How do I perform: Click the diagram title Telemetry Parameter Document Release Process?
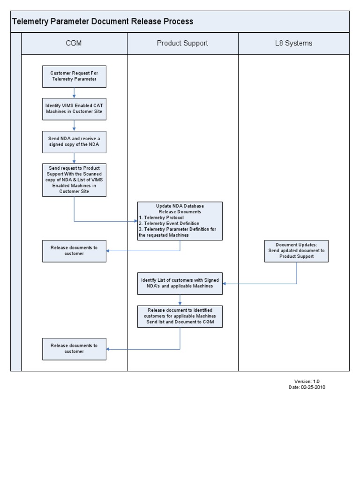tap(102, 22)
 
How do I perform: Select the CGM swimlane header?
tap(74, 44)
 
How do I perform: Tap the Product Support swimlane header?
tap(182, 44)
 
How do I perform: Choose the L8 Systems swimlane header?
tap(293, 44)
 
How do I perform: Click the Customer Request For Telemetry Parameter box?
tap(74, 76)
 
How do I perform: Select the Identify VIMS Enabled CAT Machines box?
tap(74, 109)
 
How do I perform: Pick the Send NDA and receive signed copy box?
tap(74, 142)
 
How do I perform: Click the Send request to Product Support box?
tap(74, 180)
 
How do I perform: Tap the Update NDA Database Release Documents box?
tap(180, 221)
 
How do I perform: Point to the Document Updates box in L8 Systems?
tap(296, 251)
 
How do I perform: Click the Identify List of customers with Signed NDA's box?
tap(180, 283)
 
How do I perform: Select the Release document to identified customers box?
tap(180, 316)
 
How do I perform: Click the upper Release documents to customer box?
tap(74, 251)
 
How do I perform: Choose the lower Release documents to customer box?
tap(74, 349)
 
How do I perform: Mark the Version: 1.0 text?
tap(307, 382)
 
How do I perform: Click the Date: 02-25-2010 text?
tap(307, 388)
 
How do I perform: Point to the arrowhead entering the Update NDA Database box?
tap(135, 221)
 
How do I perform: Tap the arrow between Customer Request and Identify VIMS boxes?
tap(74, 93)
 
